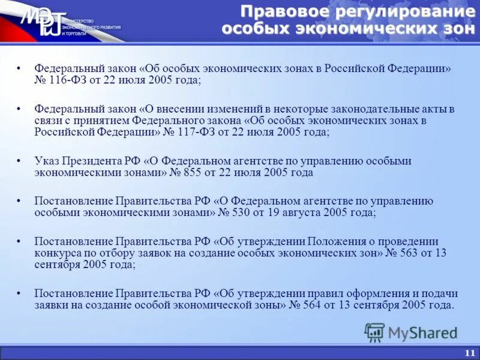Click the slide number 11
coord(469,353)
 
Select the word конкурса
coord(57,253)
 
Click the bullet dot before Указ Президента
coord(20,161)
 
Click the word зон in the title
coord(451,28)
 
